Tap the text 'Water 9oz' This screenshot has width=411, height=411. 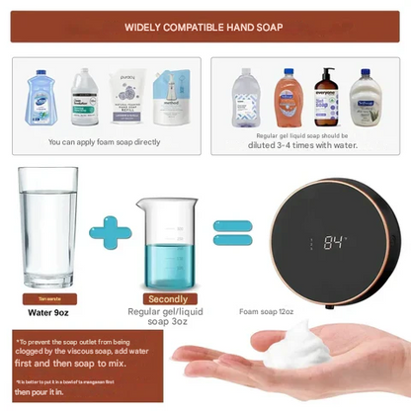pyautogui.click(x=46, y=311)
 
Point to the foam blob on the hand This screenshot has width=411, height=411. pyautogui.click(x=302, y=351)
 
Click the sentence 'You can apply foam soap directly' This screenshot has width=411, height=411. pyautogui.click(x=103, y=143)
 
